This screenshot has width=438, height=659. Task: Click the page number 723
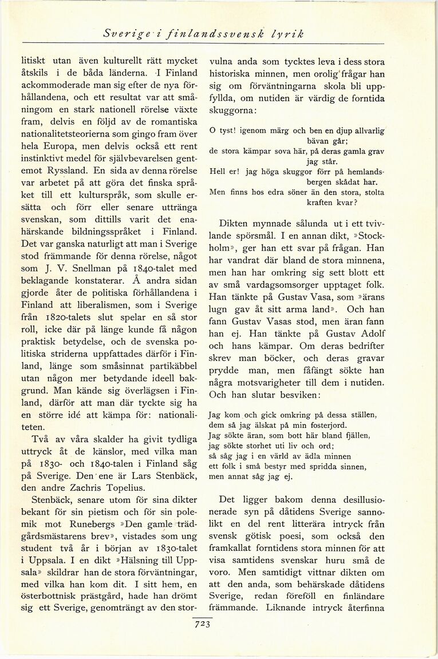pyautogui.click(x=204, y=625)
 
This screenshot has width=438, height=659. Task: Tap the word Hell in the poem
pyautogui.click(x=218, y=171)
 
